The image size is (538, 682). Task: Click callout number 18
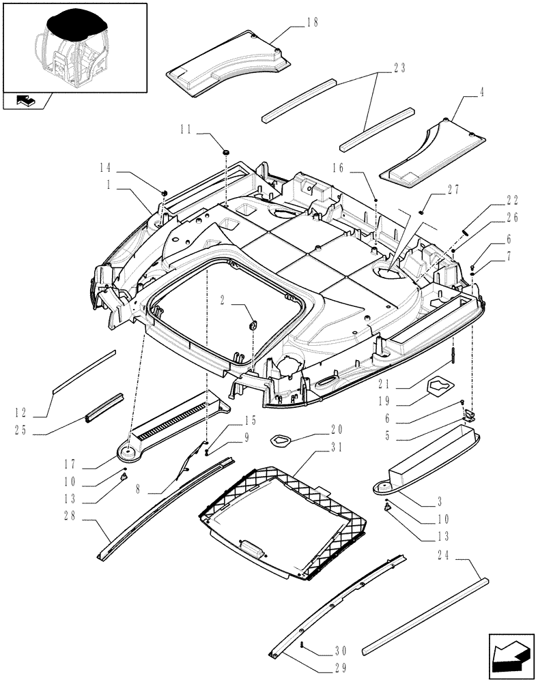(313, 23)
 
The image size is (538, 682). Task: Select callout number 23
(399, 68)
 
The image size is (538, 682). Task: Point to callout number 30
(323, 650)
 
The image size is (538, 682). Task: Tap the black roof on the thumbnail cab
(75, 27)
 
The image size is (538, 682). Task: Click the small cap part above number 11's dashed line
(225, 149)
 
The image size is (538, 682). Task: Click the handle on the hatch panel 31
(254, 545)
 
